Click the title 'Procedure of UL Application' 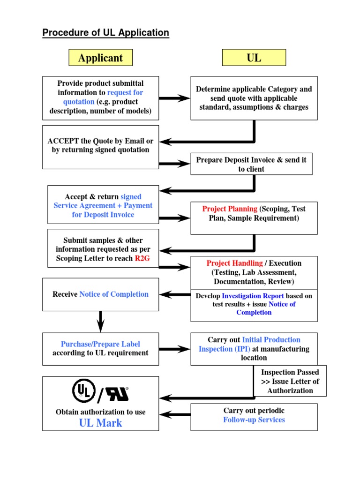(105, 33)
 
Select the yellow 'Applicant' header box (100, 58)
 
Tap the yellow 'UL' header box (254, 58)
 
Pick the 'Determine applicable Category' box (254, 98)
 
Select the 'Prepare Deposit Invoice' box (251, 164)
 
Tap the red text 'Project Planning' (230, 209)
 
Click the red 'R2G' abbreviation (142, 258)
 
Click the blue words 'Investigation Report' (253, 296)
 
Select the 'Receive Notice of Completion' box (100, 294)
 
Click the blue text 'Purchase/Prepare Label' (100, 344)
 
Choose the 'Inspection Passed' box (290, 381)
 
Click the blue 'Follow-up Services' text (254, 420)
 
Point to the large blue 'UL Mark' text (100, 423)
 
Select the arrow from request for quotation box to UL (174, 98)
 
